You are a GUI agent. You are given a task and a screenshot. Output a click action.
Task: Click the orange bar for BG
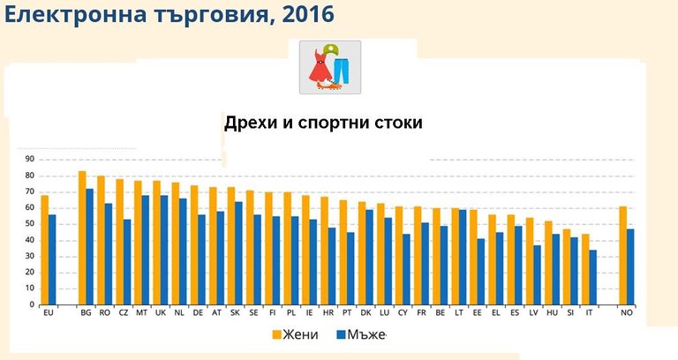coord(82,238)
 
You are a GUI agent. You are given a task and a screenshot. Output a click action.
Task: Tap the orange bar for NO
coord(623,256)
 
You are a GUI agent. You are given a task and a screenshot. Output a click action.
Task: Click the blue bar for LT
coord(463,257)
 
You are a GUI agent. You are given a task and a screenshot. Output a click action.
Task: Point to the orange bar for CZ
coord(119,242)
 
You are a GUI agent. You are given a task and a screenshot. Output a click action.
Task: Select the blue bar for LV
coord(538,274)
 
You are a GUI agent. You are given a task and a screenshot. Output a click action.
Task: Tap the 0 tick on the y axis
coord(32,305)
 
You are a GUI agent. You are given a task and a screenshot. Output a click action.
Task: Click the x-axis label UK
coord(161,313)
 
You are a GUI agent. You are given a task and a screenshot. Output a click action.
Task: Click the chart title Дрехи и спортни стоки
coord(323,123)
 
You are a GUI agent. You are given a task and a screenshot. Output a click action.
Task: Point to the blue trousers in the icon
coord(342,71)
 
